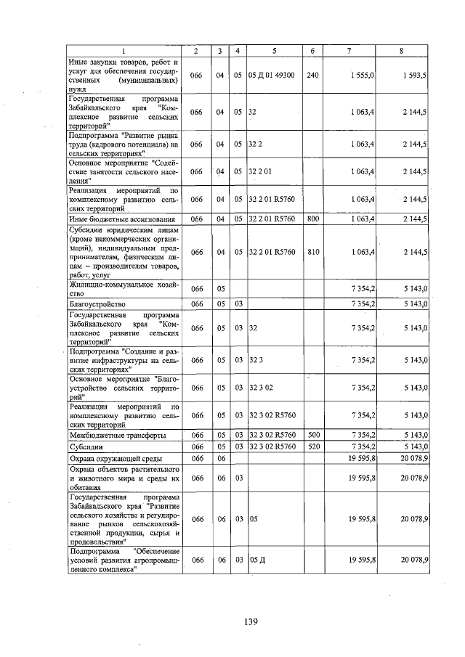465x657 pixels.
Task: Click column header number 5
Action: (x=274, y=50)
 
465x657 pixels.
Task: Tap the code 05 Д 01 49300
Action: (x=271, y=75)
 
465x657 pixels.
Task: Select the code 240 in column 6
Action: (x=312, y=75)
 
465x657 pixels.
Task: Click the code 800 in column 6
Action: (x=312, y=218)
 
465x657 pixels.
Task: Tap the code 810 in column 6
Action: (x=312, y=252)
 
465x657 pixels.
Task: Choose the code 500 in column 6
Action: (x=312, y=434)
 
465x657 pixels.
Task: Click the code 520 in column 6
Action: (x=312, y=446)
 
